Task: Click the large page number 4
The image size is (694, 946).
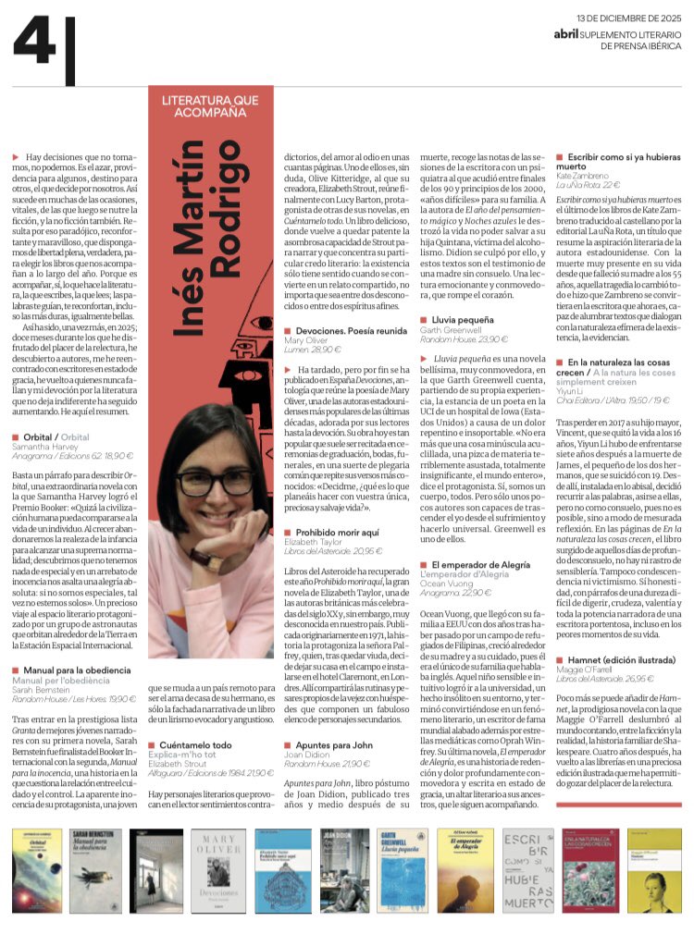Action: [34, 43]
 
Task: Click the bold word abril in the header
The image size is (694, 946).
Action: [566, 33]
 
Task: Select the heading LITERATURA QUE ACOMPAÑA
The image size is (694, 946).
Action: [211, 104]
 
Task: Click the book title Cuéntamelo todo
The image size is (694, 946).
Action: [195, 743]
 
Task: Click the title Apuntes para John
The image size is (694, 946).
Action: [336, 743]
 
